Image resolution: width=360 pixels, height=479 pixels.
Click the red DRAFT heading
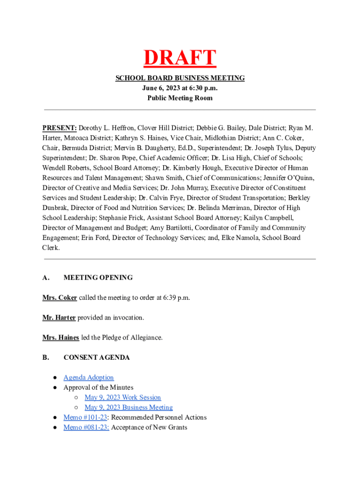[x=180, y=58]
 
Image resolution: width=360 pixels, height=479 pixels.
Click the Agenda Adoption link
[x=88, y=377]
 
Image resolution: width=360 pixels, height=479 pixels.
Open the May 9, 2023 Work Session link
[x=122, y=398]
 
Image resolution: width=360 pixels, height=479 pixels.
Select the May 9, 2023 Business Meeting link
[x=129, y=407]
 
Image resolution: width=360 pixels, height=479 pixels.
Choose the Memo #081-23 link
[x=86, y=428]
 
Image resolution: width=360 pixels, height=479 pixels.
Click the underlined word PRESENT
[x=59, y=128]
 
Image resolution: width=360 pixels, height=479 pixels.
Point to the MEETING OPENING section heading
[x=98, y=278]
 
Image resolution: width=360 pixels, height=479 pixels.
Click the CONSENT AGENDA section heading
[x=96, y=358]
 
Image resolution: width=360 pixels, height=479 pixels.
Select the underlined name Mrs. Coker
[x=59, y=298]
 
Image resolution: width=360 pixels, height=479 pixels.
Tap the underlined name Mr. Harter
[x=58, y=318]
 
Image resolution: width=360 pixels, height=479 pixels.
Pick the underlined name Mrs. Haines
[x=60, y=338]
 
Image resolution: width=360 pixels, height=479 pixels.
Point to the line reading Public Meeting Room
[x=180, y=98]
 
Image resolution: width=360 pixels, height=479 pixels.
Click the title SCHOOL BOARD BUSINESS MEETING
[x=180, y=78]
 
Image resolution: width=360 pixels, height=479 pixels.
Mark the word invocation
[x=127, y=318]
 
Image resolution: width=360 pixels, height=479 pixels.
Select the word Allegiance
[x=145, y=338]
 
